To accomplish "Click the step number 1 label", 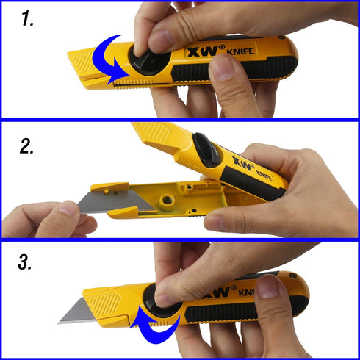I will [27, 19].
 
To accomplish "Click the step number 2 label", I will [29, 146].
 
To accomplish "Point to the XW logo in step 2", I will [242, 161].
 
